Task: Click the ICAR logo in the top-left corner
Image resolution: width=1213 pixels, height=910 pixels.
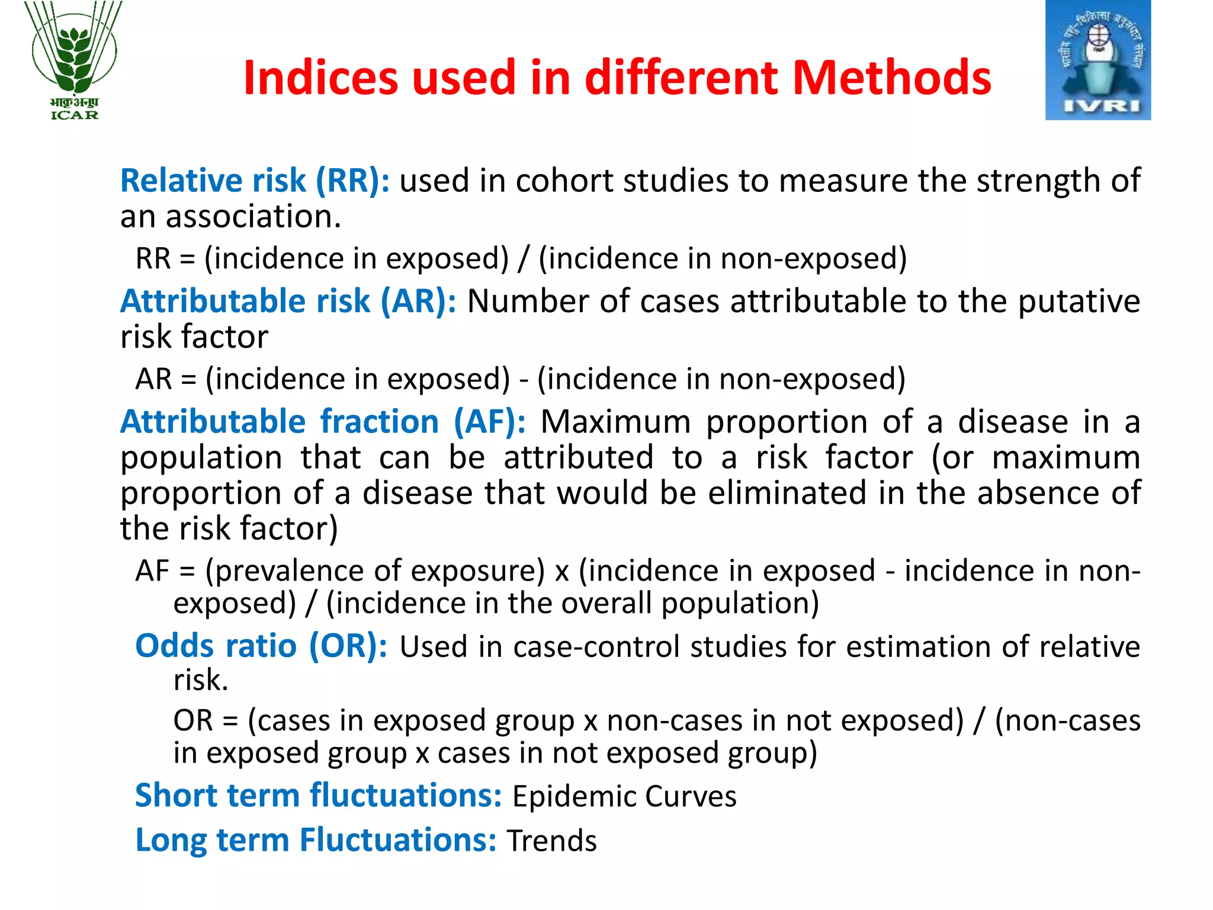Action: pyautogui.click(x=75, y=60)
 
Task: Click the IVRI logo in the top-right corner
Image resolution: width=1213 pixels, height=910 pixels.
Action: pyautogui.click(x=1098, y=60)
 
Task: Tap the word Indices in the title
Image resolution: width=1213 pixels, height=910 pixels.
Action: pyautogui.click(x=320, y=78)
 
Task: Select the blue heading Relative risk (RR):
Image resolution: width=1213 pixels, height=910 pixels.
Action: pyautogui.click(x=255, y=181)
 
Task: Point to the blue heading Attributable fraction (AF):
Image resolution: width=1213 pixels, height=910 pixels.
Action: pyautogui.click(x=323, y=422)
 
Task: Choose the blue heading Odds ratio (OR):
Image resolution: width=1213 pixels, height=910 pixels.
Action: pyautogui.click(x=261, y=646)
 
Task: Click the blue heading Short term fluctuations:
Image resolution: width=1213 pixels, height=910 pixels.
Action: pyautogui.click(x=319, y=795)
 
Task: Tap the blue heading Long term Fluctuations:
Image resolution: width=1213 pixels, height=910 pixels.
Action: pyautogui.click(x=316, y=840)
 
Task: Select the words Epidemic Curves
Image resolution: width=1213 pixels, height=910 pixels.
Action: pyautogui.click(x=624, y=796)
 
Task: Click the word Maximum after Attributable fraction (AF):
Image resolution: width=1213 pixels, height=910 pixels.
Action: pyautogui.click(x=615, y=422)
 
